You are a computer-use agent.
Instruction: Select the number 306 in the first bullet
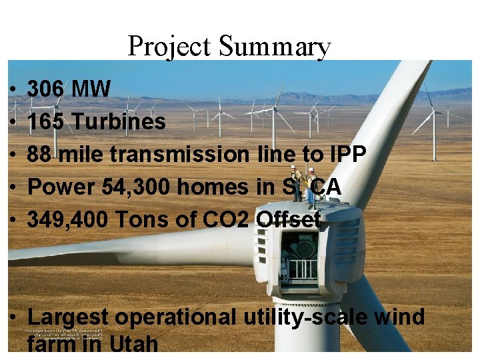pyautogui.click(x=46, y=89)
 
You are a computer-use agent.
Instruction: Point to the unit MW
pyautogui.click(x=91, y=89)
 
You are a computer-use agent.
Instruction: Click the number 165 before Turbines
pyautogui.click(x=46, y=122)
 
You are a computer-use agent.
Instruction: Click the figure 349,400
pyautogui.click(x=67, y=219)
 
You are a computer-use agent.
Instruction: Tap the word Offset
pyautogui.click(x=289, y=219)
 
